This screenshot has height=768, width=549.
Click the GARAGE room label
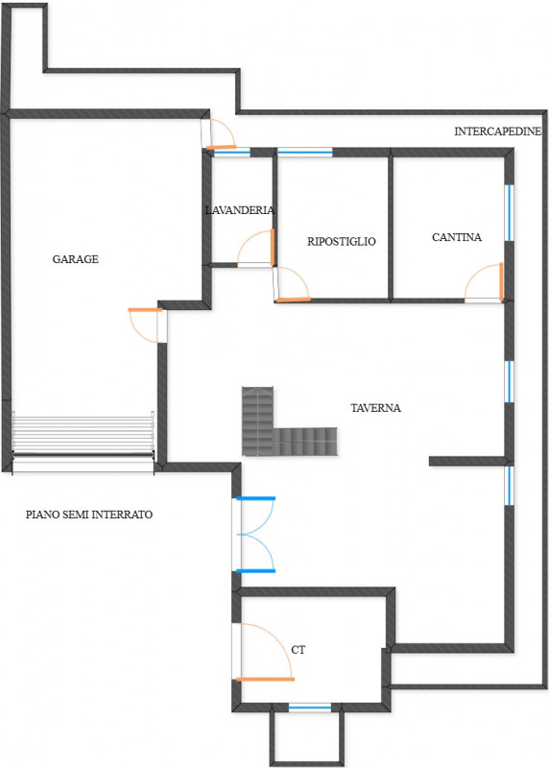pyautogui.click(x=76, y=259)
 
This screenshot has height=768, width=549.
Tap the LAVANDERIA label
pyautogui.click(x=240, y=210)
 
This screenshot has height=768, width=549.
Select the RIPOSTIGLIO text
pyautogui.click(x=342, y=242)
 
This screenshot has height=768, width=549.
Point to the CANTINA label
pyautogui.click(x=457, y=237)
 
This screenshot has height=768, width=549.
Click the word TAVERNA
pyautogui.click(x=375, y=407)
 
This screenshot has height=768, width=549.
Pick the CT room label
pyautogui.click(x=298, y=650)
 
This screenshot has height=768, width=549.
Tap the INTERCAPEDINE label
pyautogui.click(x=497, y=132)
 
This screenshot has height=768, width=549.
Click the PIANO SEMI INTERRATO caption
pyautogui.click(x=89, y=515)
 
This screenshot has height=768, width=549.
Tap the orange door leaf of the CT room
pyautogui.click(x=265, y=680)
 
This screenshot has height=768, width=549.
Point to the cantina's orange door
pyautogui.click(x=501, y=281)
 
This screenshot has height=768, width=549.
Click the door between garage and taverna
pyautogui.click(x=145, y=309)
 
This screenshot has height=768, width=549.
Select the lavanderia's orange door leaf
pyautogui.click(x=273, y=248)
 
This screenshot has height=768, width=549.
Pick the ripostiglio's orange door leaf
pyautogui.click(x=294, y=300)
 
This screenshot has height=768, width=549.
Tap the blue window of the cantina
pyautogui.click(x=510, y=213)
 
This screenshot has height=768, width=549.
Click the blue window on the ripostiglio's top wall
pyautogui.click(x=304, y=153)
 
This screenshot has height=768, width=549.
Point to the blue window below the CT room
pyautogui.click(x=309, y=708)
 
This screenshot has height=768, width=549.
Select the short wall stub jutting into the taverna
pyautogui.click(x=467, y=461)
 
